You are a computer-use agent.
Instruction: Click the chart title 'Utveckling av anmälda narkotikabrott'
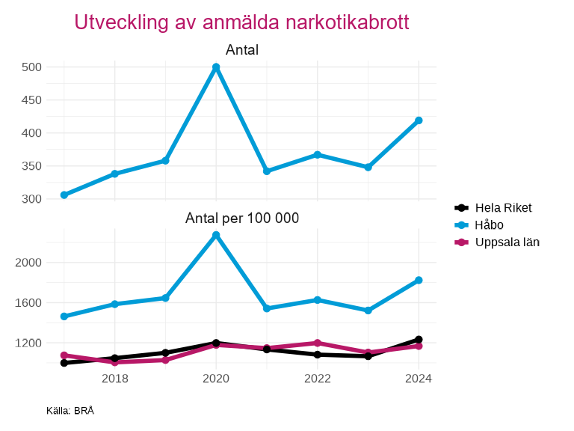pyautogui.click(x=241, y=22)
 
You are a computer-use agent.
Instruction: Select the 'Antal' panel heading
pyautogui.click(x=242, y=50)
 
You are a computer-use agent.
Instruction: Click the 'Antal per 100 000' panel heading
pyautogui.click(x=242, y=218)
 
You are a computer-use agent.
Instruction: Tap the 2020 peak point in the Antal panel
pyautogui.click(x=216, y=67)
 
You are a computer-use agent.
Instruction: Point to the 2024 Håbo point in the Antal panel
pyautogui.click(x=419, y=120)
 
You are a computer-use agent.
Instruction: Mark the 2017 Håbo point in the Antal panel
pyautogui.click(x=64, y=195)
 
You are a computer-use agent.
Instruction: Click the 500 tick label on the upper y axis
pyautogui.click(x=31, y=67)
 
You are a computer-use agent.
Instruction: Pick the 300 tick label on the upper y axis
pyautogui.click(x=31, y=199)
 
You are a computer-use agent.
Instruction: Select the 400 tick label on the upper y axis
pyautogui.click(x=31, y=133)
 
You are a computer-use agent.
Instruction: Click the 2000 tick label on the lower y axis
pyautogui.click(x=28, y=263)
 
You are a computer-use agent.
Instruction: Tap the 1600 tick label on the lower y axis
pyautogui.click(x=28, y=303)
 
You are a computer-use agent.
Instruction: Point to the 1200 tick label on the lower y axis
pyautogui.click(x=28, y=343)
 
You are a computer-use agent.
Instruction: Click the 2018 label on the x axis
pyautogui.click(x=115, y=379)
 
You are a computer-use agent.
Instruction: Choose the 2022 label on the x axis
pyautogui.click(x=318, y=379)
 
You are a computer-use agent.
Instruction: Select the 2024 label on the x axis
pyautogui.click(x=419, y=379)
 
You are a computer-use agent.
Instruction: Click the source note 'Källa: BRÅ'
pyautogui.click(x=70, y=411)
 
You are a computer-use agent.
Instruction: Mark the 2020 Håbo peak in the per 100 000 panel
pyautogui.click(x=216, y=235)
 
